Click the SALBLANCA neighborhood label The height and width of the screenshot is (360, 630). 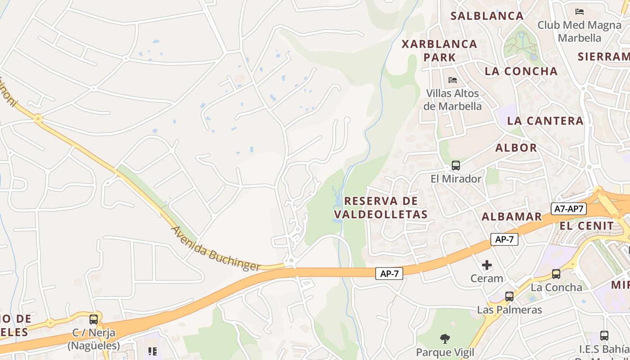pos(487,16)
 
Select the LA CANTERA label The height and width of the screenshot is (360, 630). pos(545,121)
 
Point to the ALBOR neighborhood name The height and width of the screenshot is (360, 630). pos(516,148)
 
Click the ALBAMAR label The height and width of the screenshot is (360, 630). pos(512,216)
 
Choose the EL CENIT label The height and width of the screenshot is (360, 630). pos(586,225)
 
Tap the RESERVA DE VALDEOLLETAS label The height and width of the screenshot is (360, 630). pos(381,207)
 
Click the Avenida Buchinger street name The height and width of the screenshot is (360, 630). pos(216,248)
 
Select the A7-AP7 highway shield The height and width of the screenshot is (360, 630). pos(568,209)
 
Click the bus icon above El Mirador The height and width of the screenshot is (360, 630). pos(456,166)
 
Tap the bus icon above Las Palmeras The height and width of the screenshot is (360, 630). pos(509,297)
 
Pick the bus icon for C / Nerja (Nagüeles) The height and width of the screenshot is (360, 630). pos(94,319)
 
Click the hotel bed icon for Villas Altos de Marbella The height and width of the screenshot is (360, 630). pos(453,80)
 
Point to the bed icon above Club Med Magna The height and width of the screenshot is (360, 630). pos(580,11)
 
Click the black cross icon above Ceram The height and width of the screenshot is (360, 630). pos(486,265)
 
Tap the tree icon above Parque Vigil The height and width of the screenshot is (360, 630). pos(445,338)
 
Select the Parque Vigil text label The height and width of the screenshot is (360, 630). pos(445,352)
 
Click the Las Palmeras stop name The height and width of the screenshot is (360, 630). pos(509,310)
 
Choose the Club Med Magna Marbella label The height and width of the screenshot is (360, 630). pos(579,31)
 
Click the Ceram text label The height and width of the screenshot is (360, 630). pos(486,279)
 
